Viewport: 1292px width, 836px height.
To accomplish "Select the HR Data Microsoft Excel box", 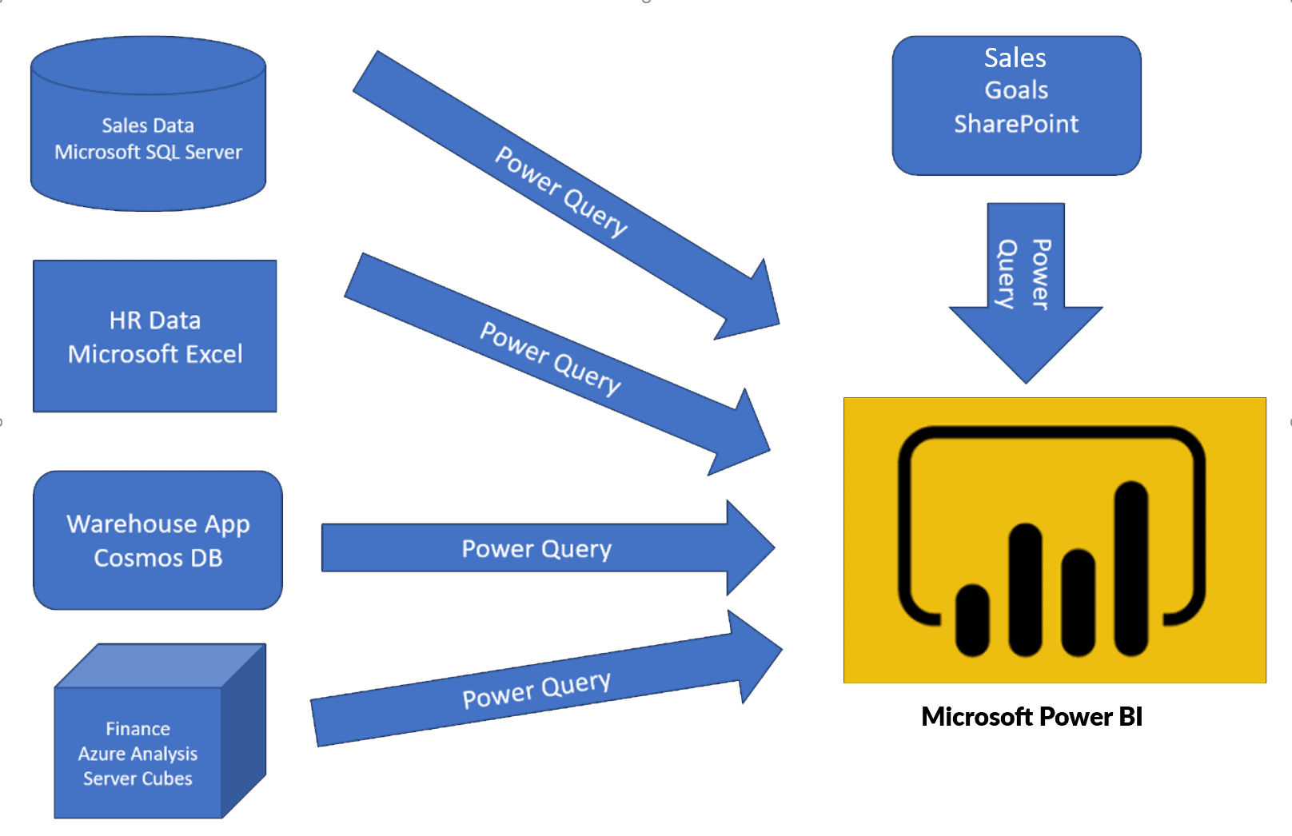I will (154, 336).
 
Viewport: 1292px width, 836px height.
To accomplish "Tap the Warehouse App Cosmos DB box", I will (158, 540).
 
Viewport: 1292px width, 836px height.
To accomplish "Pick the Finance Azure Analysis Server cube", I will (138, 751).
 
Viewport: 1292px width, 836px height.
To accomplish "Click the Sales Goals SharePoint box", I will (1015, 105).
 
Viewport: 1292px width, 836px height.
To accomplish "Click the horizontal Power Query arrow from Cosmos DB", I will (536, 548).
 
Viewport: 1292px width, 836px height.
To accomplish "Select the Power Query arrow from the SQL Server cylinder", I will (560, 192).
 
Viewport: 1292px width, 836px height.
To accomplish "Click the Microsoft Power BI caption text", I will (1031, 716).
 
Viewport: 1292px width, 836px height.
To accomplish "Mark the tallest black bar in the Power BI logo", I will (1130, 567).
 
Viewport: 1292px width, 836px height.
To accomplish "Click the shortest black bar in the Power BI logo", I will (972, 619).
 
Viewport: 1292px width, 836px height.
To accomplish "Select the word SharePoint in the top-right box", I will (1015, 124).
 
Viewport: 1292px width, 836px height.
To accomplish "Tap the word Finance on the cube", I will (138, 729).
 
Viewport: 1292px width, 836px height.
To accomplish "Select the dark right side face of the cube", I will (244, 731).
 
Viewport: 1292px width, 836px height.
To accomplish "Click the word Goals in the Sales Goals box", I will (1015, 90).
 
